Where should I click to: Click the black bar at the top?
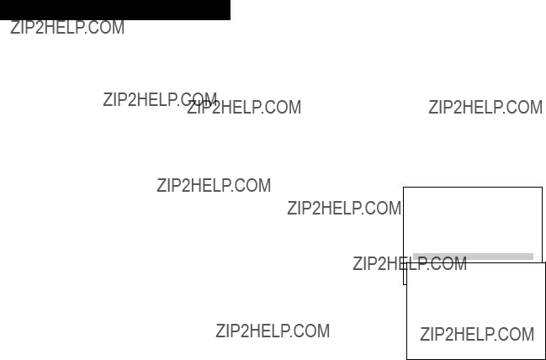[115, 10]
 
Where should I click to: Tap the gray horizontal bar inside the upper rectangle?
[473, 257]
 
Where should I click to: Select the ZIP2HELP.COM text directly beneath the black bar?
[67, 28]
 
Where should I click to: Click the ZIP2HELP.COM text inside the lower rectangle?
[477, 334]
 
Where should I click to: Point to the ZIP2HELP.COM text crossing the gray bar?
[410, 263]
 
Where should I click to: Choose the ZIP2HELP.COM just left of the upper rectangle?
[344, 209]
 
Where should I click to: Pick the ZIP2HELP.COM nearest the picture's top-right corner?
[485, 107]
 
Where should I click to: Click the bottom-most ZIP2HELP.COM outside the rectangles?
[273, 331]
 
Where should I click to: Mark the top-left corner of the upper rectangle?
[403, 188]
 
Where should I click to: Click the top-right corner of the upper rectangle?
[542, 188]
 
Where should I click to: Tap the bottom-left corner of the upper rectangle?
[403, 284]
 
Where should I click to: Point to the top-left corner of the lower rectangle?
[407, 262]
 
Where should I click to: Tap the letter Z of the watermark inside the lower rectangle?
[424, 334]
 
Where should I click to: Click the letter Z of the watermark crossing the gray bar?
[357, 263]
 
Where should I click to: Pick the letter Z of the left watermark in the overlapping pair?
[107, 99]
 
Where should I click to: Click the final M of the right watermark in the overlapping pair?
[295, 107]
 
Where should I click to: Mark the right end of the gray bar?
[533, 257]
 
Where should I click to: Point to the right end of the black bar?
[231, 10]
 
